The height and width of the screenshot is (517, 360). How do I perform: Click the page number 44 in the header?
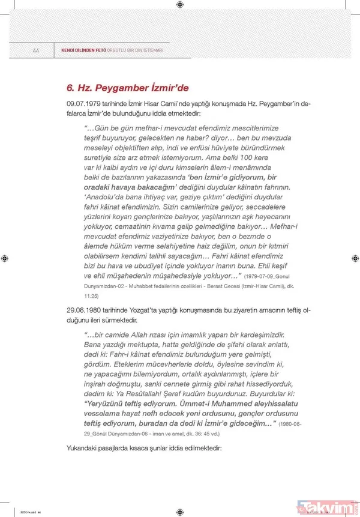pyautogui.click(x=36, y=50)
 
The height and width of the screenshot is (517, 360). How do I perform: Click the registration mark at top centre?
pyautogui.click(x=180, y=6)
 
